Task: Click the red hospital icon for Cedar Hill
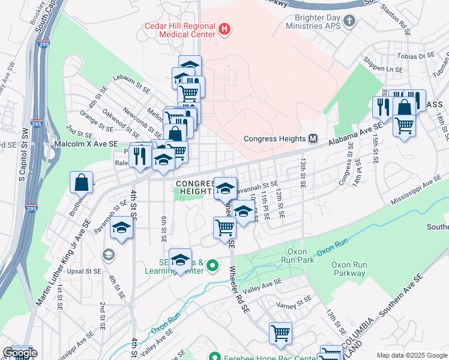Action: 224,28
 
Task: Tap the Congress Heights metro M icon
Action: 313,139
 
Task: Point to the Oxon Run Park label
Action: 298,256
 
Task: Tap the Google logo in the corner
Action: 19,353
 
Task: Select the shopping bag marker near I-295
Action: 81,181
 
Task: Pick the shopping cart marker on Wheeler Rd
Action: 224,227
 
